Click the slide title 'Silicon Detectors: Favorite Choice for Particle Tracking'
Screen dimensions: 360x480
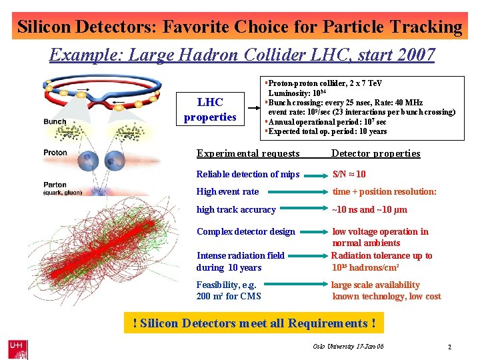coord(239,27)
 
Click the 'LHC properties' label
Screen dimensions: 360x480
coord(210,110)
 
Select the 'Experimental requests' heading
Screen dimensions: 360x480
coord(248,153)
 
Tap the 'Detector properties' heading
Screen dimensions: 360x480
coord(375,153)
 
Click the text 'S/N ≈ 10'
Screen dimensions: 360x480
coord(349,174)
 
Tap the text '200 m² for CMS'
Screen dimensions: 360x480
coord(229,296)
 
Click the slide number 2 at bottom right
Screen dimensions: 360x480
coord(449,347)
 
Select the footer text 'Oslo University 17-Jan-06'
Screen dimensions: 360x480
coord(348,347)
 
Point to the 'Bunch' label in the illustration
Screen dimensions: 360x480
coord(55,121)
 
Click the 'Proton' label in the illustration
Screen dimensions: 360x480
coord(55,153)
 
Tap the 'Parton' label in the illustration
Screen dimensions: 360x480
coord(55,185)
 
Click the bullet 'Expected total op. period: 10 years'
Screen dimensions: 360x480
coord(327,131)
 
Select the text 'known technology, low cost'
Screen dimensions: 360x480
coord(387,296)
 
